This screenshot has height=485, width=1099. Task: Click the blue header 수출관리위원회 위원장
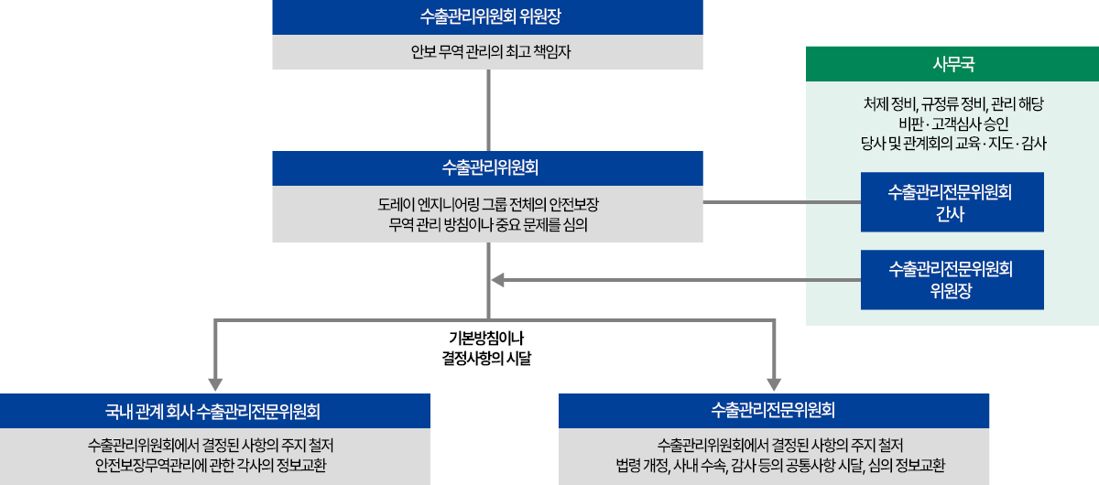click(x=488, y=17)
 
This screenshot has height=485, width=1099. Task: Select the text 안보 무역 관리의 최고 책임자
click(x=488, y=52)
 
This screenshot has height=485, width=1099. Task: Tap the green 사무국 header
click(x=952, y=64)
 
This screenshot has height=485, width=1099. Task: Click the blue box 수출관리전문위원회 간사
click(x=952, y=202)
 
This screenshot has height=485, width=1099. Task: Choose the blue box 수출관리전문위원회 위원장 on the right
click(x=952, y=280)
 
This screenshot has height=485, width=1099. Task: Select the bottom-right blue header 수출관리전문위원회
click(x=773, y=410)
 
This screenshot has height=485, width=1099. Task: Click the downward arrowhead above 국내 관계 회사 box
click(x=216, y=383)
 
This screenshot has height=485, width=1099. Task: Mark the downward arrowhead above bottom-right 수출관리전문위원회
click(x=774, y=383)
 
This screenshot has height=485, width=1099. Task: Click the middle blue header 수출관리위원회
click(x=488, y=167)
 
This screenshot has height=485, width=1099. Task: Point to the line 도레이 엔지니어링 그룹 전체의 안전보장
click(x=488, y=202)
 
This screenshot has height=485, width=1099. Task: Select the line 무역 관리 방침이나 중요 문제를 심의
click(x=488, y=222)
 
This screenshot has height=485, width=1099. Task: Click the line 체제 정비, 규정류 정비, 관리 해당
click(x=952, y=104)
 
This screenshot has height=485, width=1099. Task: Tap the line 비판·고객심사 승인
click(x=952, y=124)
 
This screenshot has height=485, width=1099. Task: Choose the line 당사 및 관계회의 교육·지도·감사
click(x=952, y=144)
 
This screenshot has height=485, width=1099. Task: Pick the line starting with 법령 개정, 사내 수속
click(x=773, y=464)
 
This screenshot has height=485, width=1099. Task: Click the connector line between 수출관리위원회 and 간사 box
click(x=782, y=202)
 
